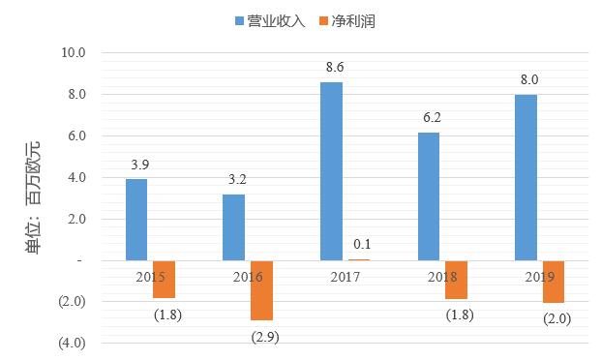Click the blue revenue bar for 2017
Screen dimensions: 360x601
[331, 171]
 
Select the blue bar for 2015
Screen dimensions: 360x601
[136, 220]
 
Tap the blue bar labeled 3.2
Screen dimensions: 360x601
[233, 227]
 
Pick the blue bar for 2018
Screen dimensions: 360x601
[429, 196]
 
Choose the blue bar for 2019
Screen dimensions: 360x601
[526, 178]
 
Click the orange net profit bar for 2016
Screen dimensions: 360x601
[261, 290]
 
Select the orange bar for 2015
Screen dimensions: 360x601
[164, 279]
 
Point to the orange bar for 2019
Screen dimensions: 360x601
[554, 282]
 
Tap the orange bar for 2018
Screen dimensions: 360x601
[457, 279]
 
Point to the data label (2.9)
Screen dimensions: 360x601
[264, 336]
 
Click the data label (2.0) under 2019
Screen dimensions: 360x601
[556, 318]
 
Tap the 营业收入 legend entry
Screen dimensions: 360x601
[269, 20]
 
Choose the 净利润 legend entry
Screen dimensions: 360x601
[346, 20]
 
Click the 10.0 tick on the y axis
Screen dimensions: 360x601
[74, 52]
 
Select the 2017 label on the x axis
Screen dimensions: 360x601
[346, 277]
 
